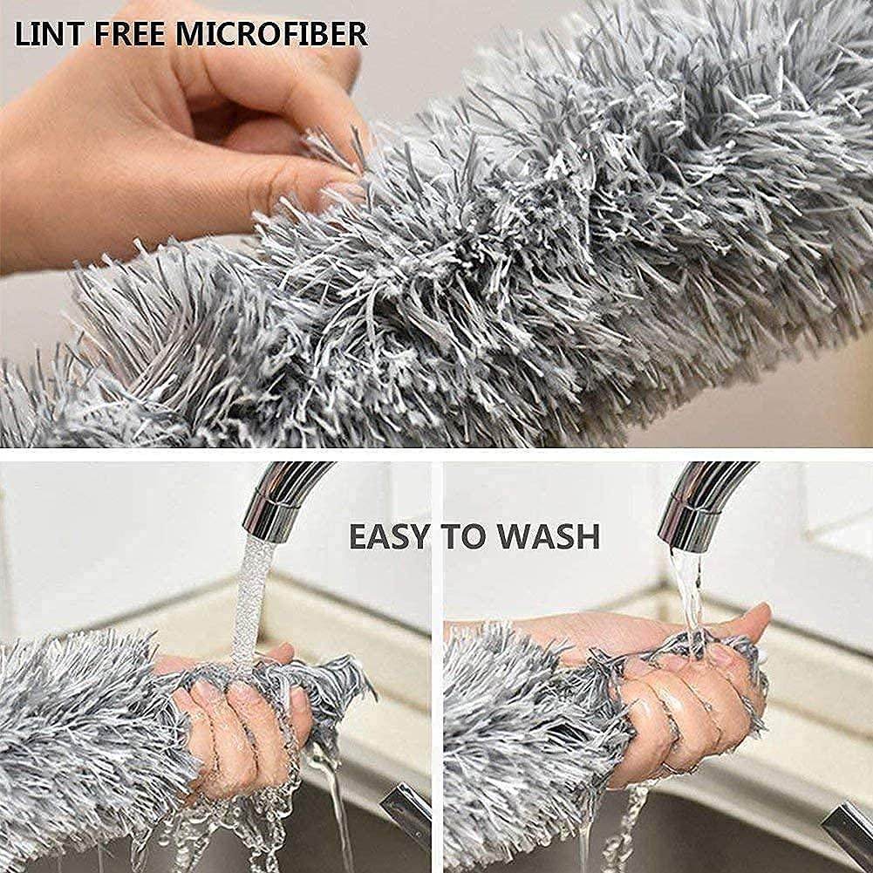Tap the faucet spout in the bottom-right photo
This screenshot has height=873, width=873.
click(698, 506)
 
